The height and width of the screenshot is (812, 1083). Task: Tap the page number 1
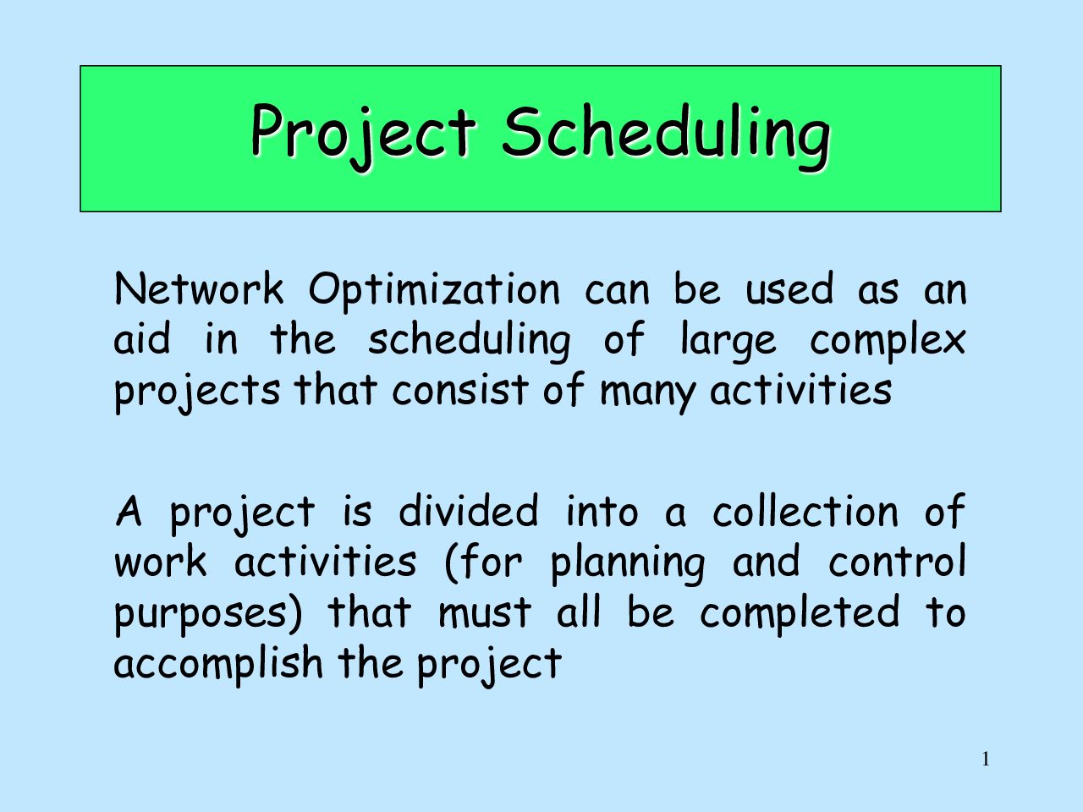(986, 760)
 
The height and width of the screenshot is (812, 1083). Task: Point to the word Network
(199, 288)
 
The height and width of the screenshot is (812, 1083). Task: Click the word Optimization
(434, 292)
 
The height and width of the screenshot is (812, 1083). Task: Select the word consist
(460, 389)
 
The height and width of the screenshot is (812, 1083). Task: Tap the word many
(647, 394)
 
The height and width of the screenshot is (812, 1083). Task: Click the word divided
(468, 510)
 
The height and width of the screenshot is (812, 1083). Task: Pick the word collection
(805, 510)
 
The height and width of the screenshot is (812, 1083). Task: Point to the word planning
(628, 564)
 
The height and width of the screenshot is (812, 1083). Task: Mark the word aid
(142, 338)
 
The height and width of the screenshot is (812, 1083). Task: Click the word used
(789, 288)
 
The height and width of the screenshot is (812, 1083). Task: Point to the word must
(485, 613)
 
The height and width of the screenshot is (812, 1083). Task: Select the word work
(161, 561)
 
